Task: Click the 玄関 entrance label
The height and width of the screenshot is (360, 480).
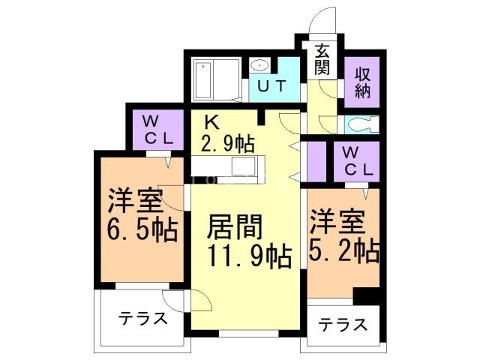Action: pos(322,60)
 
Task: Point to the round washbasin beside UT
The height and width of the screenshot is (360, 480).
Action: pos(259,64)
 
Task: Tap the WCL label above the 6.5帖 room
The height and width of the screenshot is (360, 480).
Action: pos(157,129)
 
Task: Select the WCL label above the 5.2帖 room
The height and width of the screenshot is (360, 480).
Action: pos(357,160)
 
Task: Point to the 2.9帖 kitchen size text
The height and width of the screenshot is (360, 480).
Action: pos(228,141)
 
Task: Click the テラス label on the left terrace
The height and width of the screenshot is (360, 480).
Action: pos(142,318)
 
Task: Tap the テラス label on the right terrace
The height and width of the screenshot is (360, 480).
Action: pos(343,325)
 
